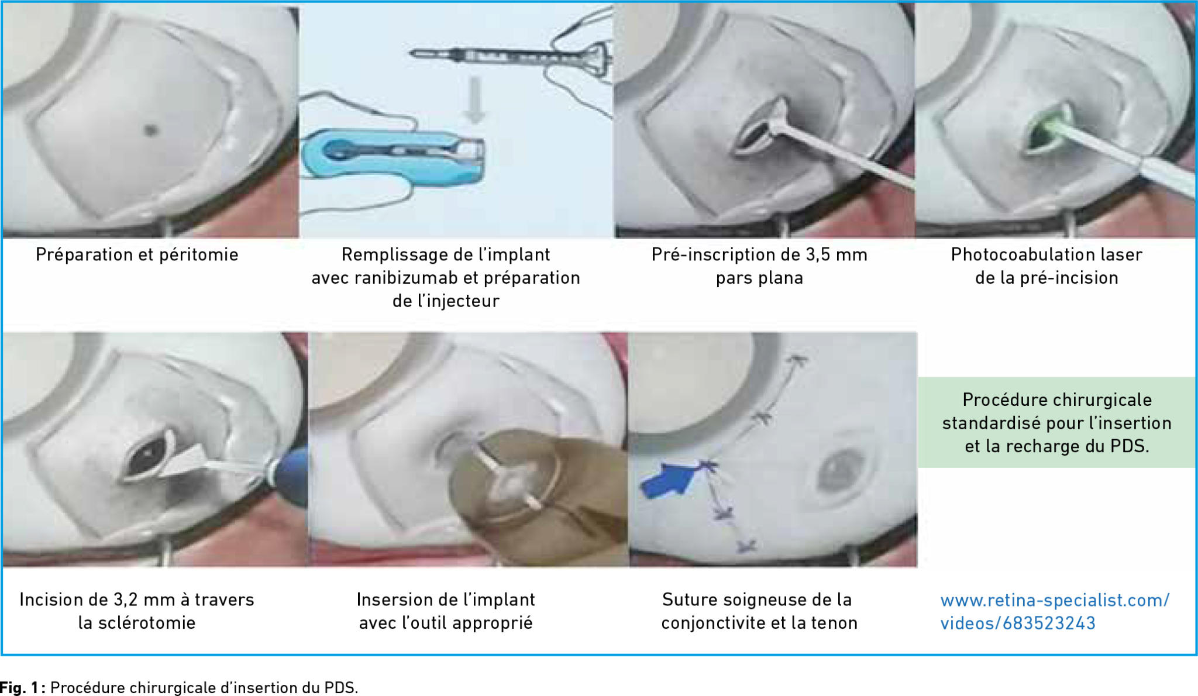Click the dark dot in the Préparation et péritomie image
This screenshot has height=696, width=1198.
(151, 130)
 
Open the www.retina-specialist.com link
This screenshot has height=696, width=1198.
(1055, 611)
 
